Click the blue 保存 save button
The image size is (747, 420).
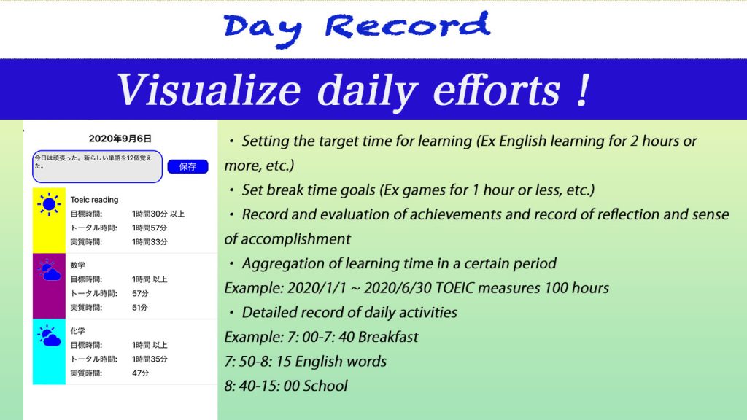click(187, 167)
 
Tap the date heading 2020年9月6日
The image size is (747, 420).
click(120, 139)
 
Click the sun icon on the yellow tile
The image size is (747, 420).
click(49, 204)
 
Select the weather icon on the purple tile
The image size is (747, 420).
click(49, 270)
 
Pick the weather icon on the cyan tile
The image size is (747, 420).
click(49, 335)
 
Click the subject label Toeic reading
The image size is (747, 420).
click(94, 200)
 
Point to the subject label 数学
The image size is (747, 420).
click(77, 265)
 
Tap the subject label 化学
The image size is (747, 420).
click(77, 331)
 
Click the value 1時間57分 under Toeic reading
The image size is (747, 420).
click(150, 228)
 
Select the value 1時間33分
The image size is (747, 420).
click(150, 242)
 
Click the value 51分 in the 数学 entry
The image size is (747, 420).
click(140, 308)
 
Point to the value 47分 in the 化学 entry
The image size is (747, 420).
click(141, 373)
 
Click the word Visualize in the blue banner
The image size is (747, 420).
click(209, 90)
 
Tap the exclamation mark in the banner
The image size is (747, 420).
click(583, 90)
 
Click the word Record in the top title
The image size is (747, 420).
click(408, 26)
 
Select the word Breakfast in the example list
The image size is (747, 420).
click(388, 337)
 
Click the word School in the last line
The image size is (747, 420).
click(325, 386)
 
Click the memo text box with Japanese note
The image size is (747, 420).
click(97, 167)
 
